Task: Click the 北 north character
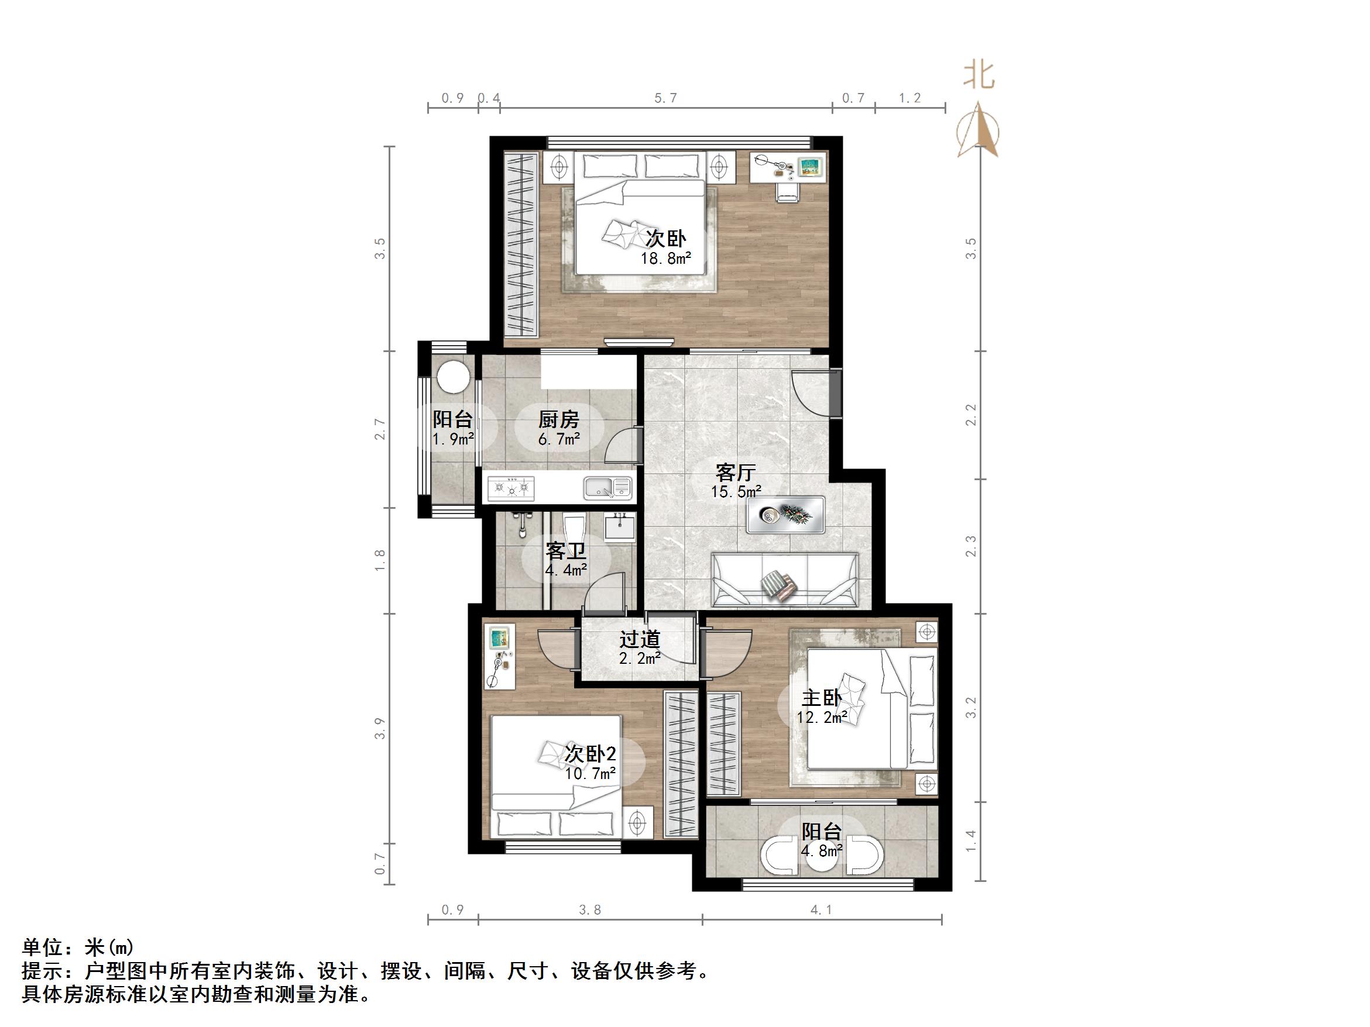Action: coord(978,75)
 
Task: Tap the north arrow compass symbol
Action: coord(977,130)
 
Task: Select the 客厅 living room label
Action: coord(735,473)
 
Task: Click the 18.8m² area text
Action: coord(665,258)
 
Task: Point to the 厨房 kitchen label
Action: coord(558,420)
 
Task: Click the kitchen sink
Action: coord(607,488)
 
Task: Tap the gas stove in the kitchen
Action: coord(511,488)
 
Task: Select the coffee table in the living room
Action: coord(785,515)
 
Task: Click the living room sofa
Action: coord(785,580)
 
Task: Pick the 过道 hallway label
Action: coord(640,639)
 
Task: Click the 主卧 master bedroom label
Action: coord(821,698)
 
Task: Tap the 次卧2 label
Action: coord(590,754)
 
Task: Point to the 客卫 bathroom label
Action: coord(565,551)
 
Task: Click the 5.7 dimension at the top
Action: coord(666,98)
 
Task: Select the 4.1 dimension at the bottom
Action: coord(821,910)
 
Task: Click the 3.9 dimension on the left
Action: coord(380,728)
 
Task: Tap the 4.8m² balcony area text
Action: coord(821,851)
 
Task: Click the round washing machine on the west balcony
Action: coord(454,377)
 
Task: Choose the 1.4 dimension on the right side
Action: coord(970,840)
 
